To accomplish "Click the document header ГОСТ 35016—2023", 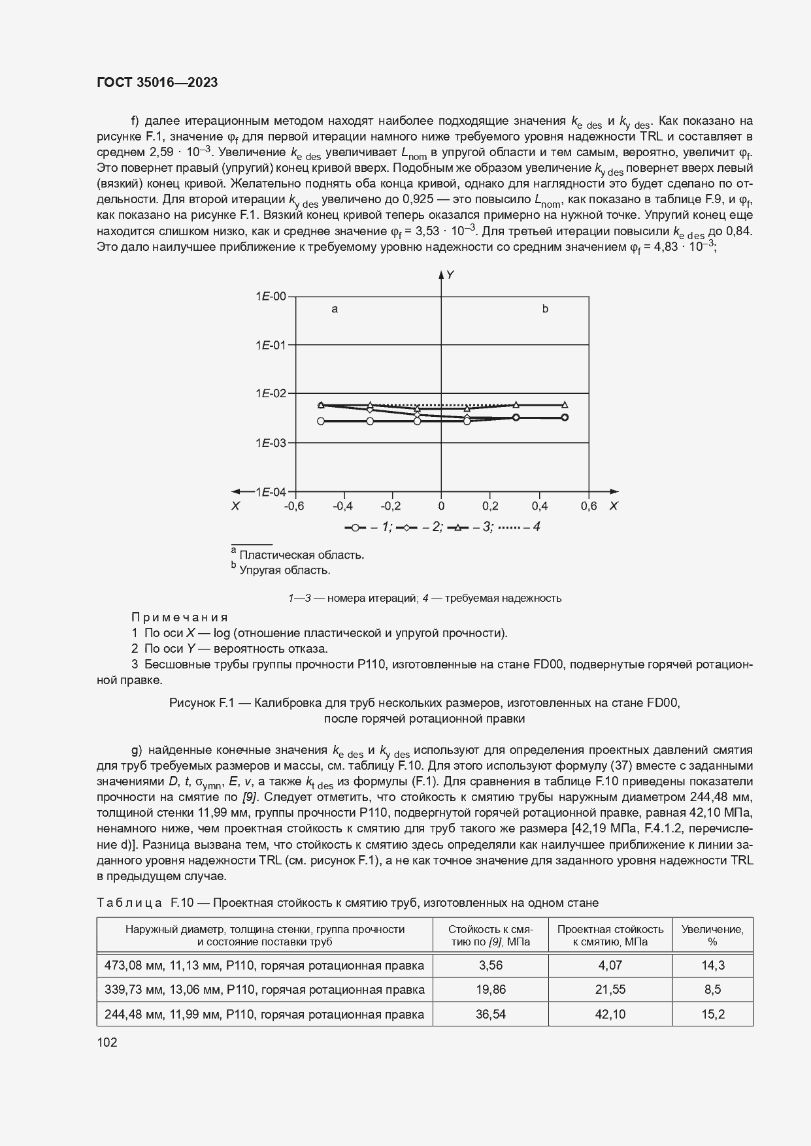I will tap(157, 82).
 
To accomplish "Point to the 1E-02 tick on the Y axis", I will tap(271, 393).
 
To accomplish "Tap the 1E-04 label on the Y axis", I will tap(271, 492).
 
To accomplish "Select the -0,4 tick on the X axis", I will tap(342, 506).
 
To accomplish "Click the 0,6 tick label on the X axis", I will tap(588, 506).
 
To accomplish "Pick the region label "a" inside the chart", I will tap(335, 309).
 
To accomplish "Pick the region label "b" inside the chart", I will tap(545, 309).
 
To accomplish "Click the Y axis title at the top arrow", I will tap(450, 276).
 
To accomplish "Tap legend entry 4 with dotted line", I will tap(518, 527).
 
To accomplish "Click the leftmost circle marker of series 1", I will tap(320, 421).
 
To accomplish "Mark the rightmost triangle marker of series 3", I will tap(565, 405).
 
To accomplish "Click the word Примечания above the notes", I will tap(180, 617).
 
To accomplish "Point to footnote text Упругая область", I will tap(284, 570).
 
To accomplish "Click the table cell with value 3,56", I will tap(490, 965).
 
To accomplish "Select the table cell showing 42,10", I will tap(610, 1014).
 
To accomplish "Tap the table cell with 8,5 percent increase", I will tap(712, 989).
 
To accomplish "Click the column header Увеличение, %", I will tap(712, 935).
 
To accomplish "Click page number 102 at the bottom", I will tap(107, 1043).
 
